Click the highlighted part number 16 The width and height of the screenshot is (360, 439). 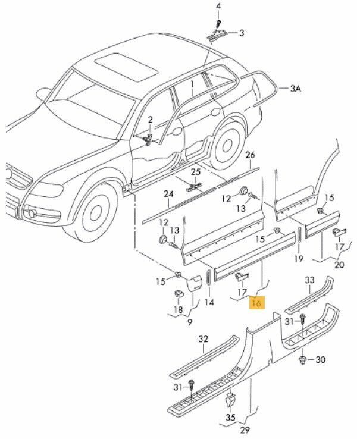[258, 303]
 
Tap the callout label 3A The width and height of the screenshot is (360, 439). [296, 89]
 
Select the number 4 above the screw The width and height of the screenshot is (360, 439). [218, 7]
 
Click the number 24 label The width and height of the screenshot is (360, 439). [169, 194]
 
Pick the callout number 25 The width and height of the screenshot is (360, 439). [196, 173]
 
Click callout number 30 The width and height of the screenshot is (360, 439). [321, 360]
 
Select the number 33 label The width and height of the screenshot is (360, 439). [310, 280]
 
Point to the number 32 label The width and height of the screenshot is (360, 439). [204, 340]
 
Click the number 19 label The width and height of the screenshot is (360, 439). [299, 258]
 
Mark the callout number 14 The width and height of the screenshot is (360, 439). [209, 302]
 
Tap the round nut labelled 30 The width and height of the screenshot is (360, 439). [303, 359]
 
